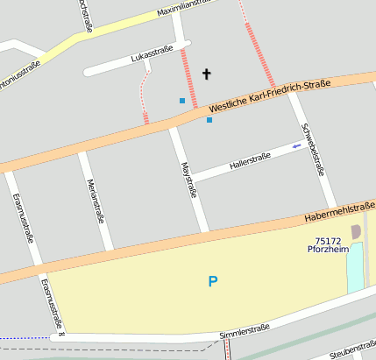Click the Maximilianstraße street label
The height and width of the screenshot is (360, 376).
click(186, 9)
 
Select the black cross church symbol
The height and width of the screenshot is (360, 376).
click(208, 74)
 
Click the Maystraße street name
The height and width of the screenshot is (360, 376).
click(186, 180)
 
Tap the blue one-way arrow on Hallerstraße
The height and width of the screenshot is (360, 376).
click(297, 146)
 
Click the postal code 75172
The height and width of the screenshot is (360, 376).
click(328, 240)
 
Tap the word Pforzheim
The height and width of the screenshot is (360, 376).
click(328, 250)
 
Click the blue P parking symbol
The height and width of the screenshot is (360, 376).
click(212, 281)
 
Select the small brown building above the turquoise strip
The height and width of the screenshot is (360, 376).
click(355, 231)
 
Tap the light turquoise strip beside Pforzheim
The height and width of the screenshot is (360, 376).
click(355, 267)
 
